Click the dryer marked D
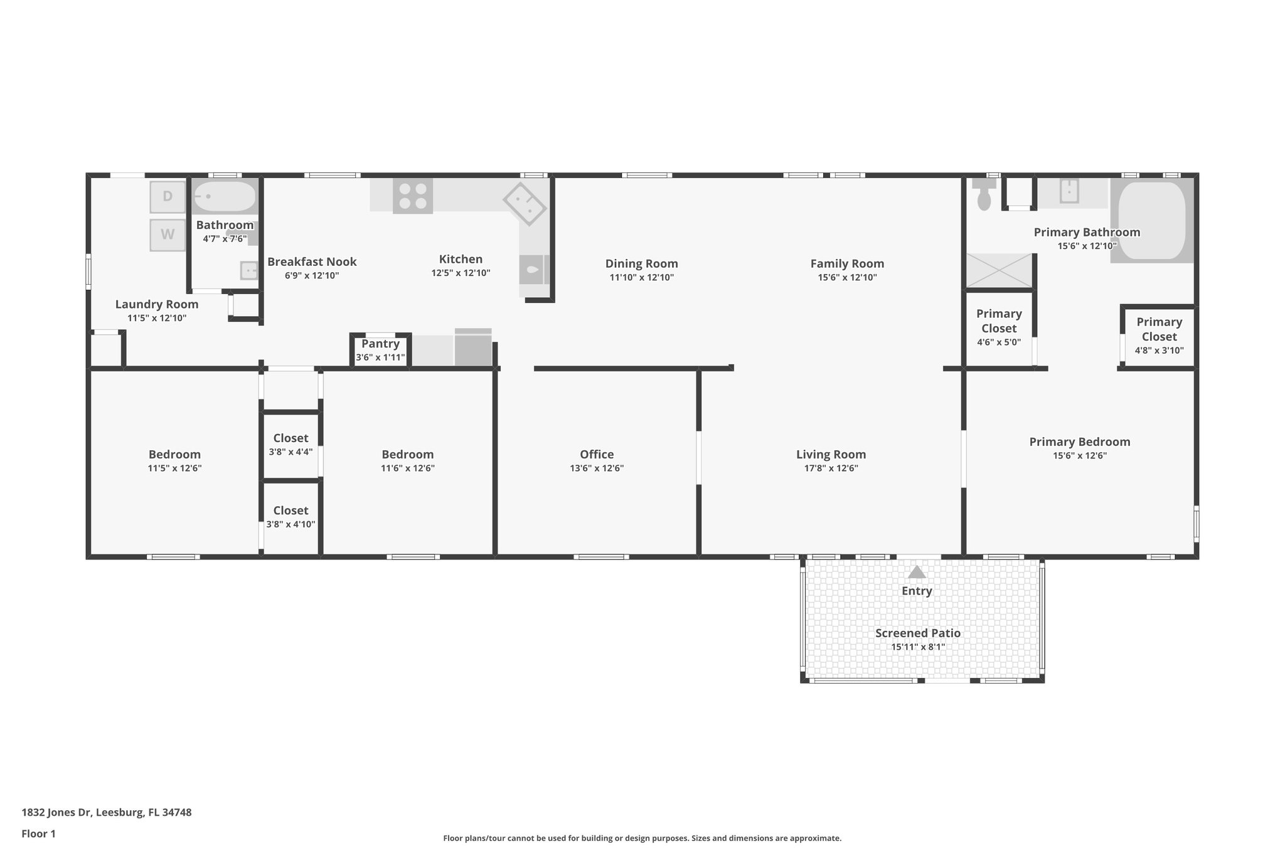tap(168, 196)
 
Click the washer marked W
tap(168, 235)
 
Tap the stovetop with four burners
tap(413, 196)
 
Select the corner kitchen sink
tap(525, 203)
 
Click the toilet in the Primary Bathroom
tap(984, 196)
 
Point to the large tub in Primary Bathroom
tap(1151, 220)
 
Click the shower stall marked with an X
tap(999, 270)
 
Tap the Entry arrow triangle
tap(917, 572)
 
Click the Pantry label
tap(380, 344)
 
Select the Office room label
tap(597, 454)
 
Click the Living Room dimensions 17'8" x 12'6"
tap(831, 468)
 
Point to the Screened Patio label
tap(917, 633)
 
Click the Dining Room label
tap(641, 263)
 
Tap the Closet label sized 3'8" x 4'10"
tap(291, 510)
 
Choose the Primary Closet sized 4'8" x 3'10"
tap(1159, 329)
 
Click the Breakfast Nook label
tap(312, 262)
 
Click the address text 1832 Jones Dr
tap(106, 812)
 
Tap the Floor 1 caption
tap(38, 833)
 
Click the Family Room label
tap(846, 263)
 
